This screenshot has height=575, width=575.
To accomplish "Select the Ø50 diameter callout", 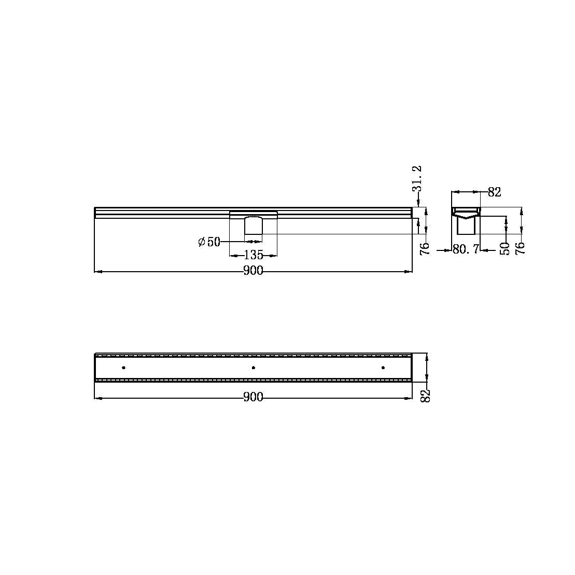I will pos(209,242).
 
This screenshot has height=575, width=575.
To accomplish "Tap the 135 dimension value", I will pos(254,255).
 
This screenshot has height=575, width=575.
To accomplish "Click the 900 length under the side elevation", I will pos(254,271).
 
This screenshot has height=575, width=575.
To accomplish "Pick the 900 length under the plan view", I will pos(254,398).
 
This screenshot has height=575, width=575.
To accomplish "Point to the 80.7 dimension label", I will pos(465,250).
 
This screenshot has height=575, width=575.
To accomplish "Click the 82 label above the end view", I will pos(495,192).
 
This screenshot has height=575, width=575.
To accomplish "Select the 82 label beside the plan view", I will pos(426,396).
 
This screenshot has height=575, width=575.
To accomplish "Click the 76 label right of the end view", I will pos(521,247).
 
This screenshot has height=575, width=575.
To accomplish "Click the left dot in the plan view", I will pos(123,368).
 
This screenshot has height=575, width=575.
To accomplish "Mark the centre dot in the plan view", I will pos(253,368).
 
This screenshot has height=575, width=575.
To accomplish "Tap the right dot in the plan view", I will pos(383,368).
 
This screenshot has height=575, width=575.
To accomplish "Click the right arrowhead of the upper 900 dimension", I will pos(409,271).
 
